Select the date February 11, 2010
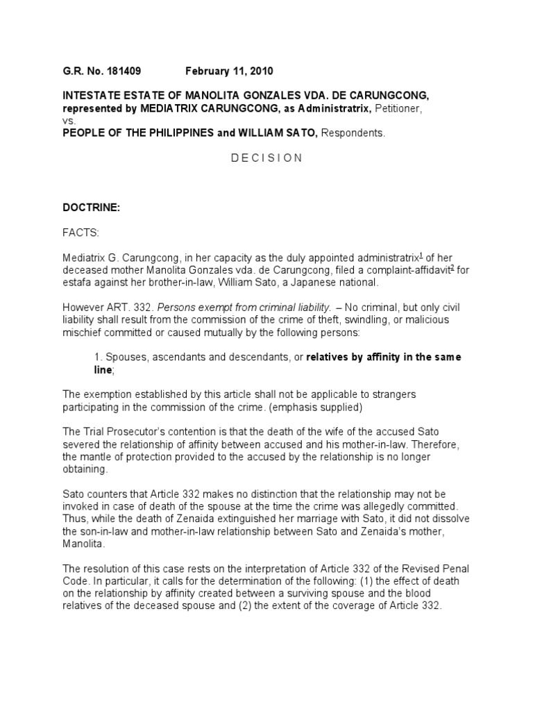(x=229, y=71)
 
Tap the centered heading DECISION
(x=266, y=158)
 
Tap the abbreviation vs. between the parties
(x=69, y=120)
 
